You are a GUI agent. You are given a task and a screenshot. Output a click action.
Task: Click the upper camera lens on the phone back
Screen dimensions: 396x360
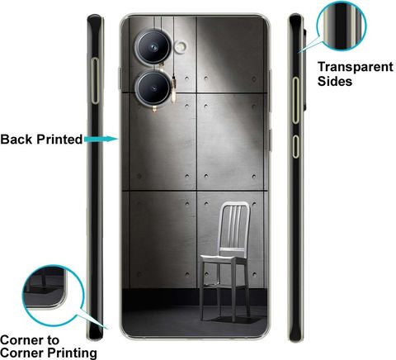pos(153,48)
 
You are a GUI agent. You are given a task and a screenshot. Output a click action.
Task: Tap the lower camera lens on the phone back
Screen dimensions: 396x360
pos(153,88)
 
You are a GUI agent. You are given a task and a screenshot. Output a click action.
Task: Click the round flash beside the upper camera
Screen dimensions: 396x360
pos(181,46)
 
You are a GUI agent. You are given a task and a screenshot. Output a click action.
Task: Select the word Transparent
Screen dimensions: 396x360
pos(356,68)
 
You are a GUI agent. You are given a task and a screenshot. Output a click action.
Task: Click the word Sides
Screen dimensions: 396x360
pos(335,81)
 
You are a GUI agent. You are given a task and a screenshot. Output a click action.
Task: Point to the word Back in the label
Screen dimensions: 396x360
pos(16,140)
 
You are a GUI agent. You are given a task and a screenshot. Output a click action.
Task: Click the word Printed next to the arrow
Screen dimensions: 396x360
pos(59,140)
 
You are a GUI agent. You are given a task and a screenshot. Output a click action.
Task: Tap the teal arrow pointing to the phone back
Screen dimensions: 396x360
pos(101,139)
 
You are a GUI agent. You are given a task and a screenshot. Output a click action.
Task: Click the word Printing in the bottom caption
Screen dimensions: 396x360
pos(72,353)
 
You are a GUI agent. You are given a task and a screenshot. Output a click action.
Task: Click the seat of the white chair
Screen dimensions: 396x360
pos(224,258)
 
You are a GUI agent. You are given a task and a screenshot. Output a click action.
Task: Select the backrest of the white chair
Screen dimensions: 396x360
pos(235,225)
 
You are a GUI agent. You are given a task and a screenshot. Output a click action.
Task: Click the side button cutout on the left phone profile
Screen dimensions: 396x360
pos(95,81)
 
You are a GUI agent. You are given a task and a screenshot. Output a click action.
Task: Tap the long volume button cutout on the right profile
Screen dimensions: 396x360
pos(295,100)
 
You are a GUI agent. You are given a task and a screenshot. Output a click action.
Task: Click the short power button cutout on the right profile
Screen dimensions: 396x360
pos(295,146)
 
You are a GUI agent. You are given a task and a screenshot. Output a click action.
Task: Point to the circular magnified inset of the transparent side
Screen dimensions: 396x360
pos(342,26)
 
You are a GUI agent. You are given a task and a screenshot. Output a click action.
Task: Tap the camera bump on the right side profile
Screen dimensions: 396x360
pos(304,69)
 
